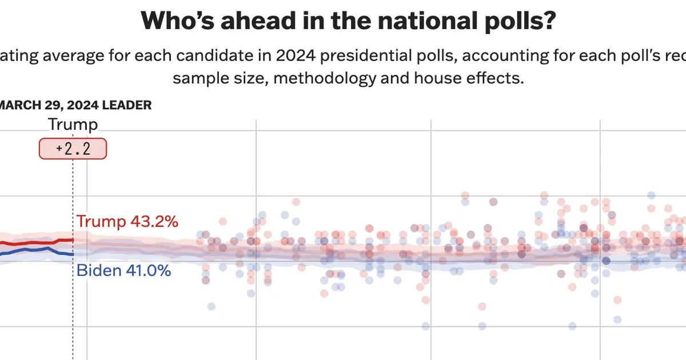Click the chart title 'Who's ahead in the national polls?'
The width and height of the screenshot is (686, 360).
click(x=349, y=22)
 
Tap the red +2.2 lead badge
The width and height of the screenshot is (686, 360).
click(x=73, y=149)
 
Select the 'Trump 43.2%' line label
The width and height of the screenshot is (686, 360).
click(x=127, y=222)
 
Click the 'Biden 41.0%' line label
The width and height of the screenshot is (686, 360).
click(x=123, y=271)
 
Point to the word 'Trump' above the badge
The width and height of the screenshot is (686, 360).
click(x=73, y=125)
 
